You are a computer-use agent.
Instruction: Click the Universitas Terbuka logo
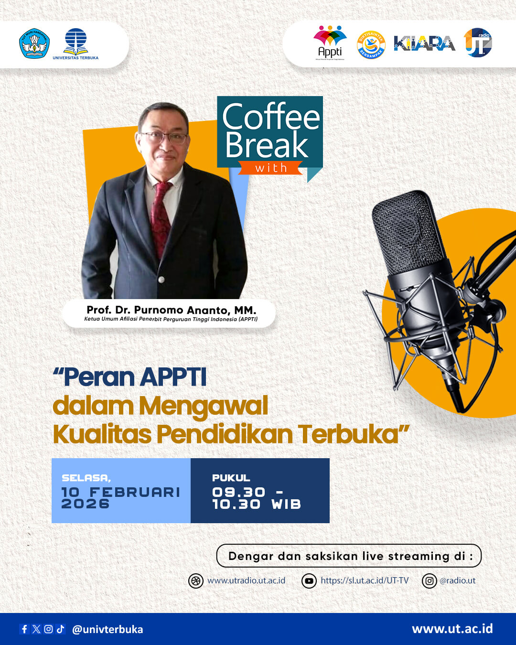75,43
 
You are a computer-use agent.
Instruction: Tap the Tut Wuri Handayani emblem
34,43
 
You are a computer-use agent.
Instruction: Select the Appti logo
330,43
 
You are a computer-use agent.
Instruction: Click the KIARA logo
424,43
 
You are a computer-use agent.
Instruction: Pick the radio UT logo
478,43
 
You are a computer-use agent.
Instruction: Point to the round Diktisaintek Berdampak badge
371,45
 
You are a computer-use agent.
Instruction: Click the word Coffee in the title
271,117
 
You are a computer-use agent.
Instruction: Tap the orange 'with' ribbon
270,168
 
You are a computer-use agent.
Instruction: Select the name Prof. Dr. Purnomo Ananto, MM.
171,310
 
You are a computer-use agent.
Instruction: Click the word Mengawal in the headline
203,406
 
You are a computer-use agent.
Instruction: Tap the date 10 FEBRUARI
120,492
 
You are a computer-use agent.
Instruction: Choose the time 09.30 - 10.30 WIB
257,498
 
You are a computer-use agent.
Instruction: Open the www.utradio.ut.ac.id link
246,580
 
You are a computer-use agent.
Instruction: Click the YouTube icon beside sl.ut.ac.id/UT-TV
309,581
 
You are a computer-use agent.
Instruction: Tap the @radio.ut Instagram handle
457,580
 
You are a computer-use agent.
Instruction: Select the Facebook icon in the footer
24,629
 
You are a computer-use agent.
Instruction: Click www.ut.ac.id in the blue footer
452,629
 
